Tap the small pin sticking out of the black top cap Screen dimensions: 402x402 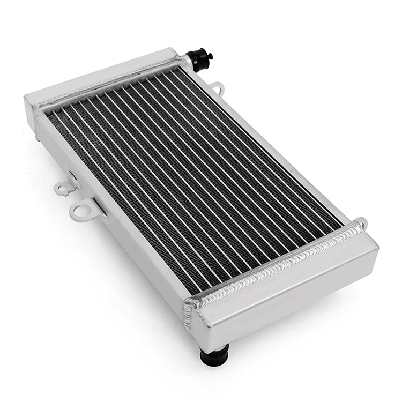(210, 55)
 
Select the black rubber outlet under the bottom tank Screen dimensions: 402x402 (214, 354)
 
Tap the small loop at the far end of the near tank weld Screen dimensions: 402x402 (363, 222)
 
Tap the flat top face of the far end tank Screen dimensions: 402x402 (102, 75)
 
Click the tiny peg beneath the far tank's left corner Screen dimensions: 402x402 (37, 138)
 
